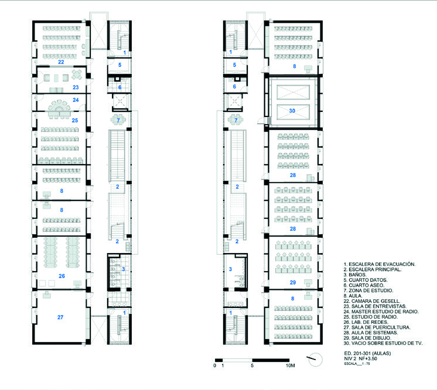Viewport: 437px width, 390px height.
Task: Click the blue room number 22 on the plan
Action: point(61,62)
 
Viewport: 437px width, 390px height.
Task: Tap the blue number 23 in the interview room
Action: point(76,87)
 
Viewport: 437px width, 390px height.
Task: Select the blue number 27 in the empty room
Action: point(60,317)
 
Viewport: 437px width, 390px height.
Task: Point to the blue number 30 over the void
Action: point(292,111)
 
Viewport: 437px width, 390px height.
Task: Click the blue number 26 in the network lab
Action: point(62,276)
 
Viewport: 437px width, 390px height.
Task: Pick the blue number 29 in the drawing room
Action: point(293,282)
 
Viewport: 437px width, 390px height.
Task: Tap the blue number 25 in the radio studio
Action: point(75,121)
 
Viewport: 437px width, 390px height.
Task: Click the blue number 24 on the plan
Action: point(76,100)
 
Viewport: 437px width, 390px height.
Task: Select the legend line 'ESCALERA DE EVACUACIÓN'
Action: point(380,264)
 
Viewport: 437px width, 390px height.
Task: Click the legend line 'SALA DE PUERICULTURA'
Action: point(377,327)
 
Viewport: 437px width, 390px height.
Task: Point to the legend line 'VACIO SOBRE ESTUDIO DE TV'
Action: point(383,343)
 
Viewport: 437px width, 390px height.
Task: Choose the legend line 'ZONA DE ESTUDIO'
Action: point(368,290)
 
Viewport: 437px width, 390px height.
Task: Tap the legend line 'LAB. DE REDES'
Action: point(366,322)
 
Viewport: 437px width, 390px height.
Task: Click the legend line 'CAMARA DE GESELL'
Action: point(372,301)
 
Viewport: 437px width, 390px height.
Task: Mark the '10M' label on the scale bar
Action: point(290,365)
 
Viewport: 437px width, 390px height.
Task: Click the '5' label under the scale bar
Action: point(252,365)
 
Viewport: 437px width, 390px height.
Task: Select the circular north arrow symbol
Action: point(316,360)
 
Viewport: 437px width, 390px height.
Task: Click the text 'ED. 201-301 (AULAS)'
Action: point(367,353)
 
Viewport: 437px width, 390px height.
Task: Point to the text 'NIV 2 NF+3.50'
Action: point(360,358)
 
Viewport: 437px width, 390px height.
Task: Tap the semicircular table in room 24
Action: point(59,106)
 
